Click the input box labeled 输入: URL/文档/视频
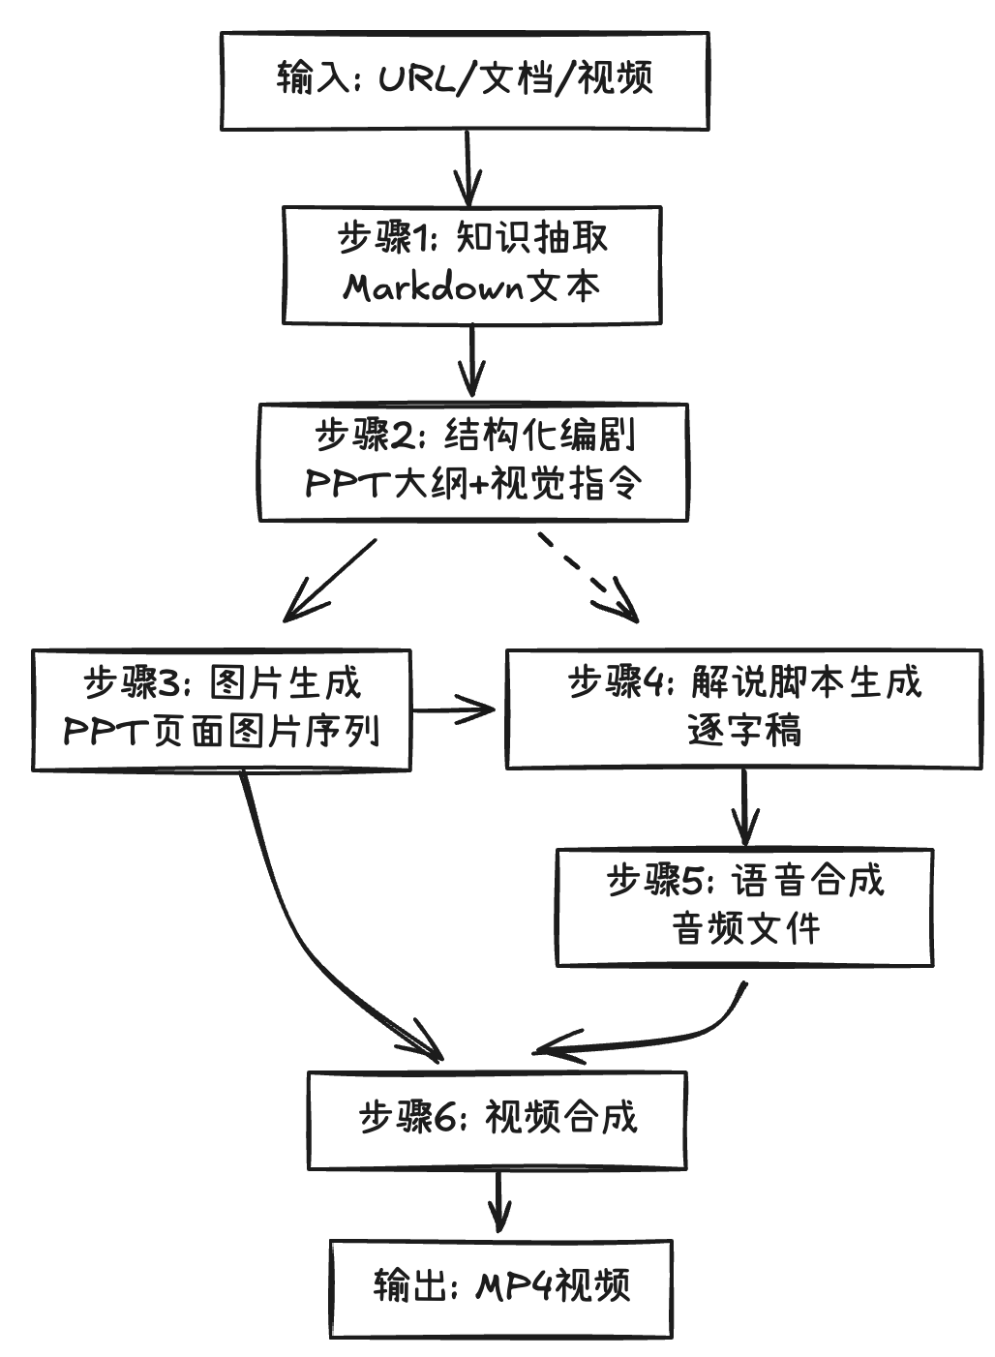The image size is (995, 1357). [465, 81]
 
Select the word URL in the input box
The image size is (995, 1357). [415, 77]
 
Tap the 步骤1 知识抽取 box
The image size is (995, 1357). [471, 264]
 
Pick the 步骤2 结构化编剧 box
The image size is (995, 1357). [472, 463]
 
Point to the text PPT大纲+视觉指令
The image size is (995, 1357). [472, 483]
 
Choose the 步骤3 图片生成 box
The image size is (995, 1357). [222, 709]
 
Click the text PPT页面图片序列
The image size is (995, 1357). [222, 732]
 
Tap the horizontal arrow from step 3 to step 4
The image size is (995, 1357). [455, 709]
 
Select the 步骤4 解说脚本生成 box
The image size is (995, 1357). [743, 709]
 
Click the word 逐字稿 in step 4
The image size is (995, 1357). [743, 731]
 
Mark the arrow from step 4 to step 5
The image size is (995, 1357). [743, 806]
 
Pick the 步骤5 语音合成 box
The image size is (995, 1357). [743, 907]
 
